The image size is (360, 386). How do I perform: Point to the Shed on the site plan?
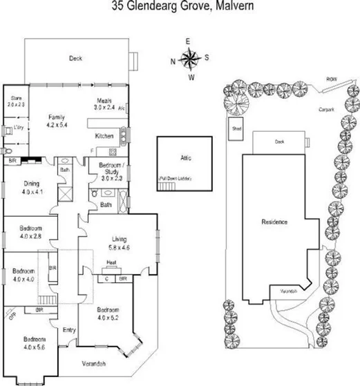coord(236,128)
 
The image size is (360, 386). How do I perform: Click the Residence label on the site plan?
coord(274,222)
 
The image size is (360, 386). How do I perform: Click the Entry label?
coord(68,331)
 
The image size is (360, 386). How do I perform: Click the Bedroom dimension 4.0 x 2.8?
coord(30,235)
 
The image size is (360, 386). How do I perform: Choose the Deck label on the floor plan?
coord(75,59)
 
